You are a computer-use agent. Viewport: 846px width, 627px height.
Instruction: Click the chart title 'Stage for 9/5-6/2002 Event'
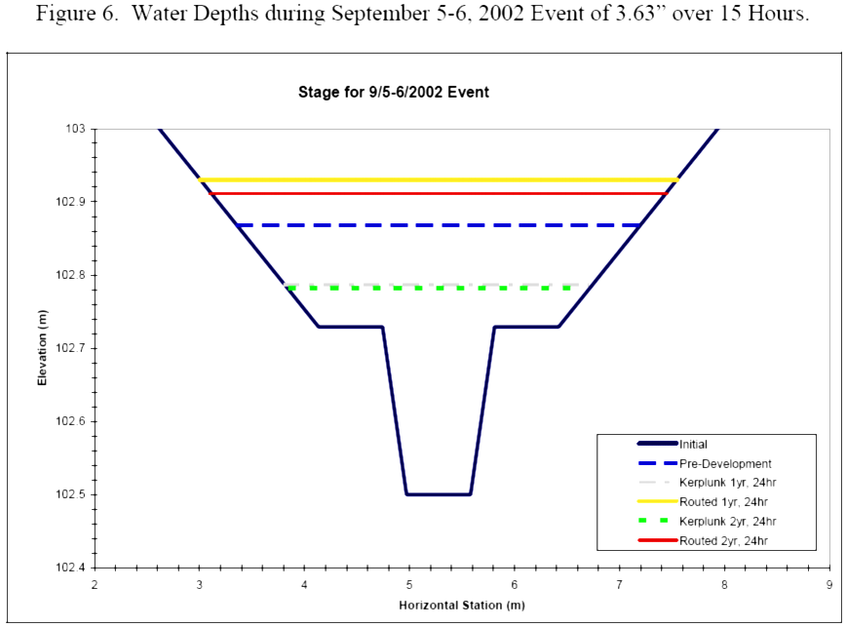click(393, 93)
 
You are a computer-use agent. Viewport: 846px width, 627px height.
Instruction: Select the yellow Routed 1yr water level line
click(439, 179)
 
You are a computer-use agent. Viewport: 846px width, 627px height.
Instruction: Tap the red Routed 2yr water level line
click(439, 193)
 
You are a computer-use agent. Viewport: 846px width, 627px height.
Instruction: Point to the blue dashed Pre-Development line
click(439, 225)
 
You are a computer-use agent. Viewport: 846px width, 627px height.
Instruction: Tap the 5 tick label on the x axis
click(409, 585)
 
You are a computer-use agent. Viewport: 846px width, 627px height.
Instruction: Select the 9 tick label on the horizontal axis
click(828, 585)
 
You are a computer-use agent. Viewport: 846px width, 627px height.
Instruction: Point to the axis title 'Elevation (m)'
click(42, 348)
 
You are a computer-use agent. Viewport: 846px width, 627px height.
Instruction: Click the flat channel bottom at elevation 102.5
click(439, 494)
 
